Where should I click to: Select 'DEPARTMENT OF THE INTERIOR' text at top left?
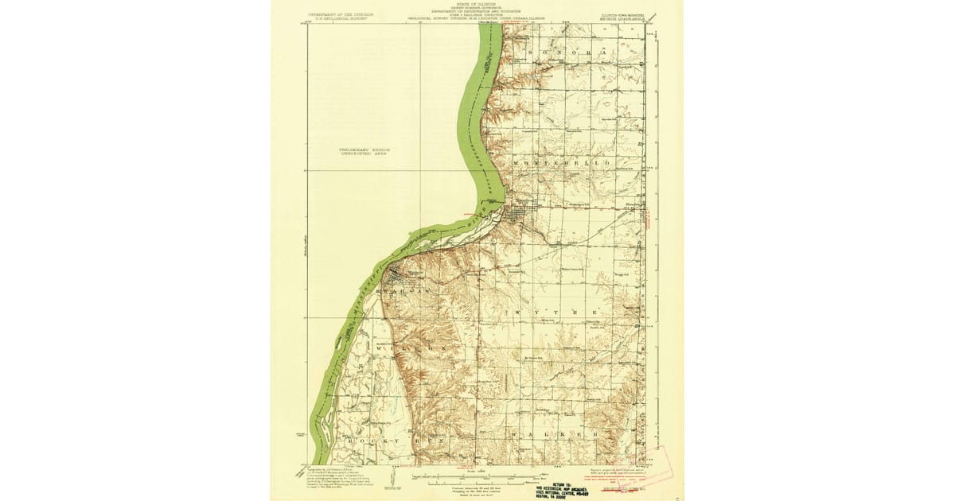point(341,14)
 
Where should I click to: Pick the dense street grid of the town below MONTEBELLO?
point(519,215)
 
